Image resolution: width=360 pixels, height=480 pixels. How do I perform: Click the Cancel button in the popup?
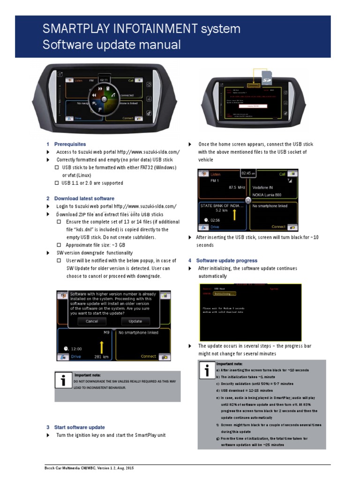pos(91,321)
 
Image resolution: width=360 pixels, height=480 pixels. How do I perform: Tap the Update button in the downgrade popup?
pos(135,321)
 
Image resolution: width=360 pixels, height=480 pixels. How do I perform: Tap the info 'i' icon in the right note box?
pos(206,370)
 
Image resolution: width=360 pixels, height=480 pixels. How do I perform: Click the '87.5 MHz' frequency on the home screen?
pos(237,187)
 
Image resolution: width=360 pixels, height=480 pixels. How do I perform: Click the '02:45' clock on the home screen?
pos(247,173)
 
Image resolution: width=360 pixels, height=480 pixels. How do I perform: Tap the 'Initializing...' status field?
pos(225,294)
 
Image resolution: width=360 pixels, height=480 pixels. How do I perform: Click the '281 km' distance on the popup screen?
pos(101,357)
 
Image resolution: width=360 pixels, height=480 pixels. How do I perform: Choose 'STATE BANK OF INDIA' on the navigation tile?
pos(222,206)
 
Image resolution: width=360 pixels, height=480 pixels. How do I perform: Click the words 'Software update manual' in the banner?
pos(112,45)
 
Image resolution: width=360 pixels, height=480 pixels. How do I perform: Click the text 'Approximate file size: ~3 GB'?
pos(95,245)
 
